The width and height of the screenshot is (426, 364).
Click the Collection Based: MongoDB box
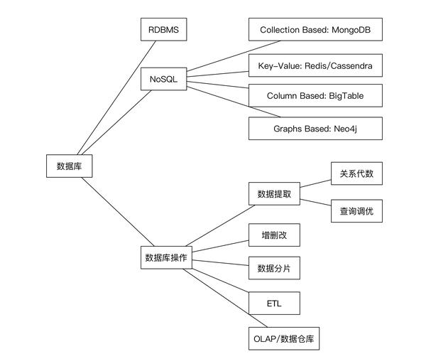click(315, 31)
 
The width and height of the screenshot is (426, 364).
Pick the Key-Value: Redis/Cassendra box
click(315, 66)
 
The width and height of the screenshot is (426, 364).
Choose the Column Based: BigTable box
click(315, 95)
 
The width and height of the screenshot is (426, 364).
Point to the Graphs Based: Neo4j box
click(315, 129)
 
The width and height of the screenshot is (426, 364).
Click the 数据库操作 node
click(165, 257)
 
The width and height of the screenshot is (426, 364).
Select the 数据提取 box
click(274, 193)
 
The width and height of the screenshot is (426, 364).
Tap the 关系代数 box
click(356, 173)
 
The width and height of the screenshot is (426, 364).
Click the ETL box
click(274, 304)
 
